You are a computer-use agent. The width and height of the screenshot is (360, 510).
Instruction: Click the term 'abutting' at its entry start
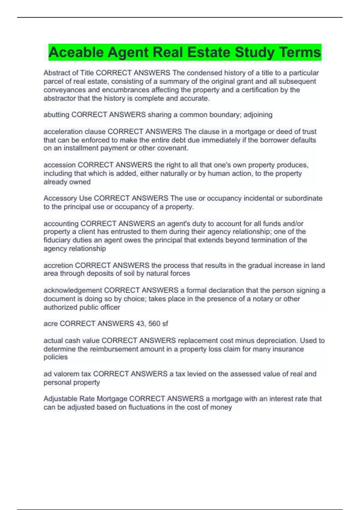(56, 115)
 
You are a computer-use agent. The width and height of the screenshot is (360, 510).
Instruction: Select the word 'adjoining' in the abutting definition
(258, 115)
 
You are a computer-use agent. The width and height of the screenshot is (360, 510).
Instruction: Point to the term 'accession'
(59, 165)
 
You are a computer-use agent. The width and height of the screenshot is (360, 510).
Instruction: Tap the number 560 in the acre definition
(154, 324)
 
